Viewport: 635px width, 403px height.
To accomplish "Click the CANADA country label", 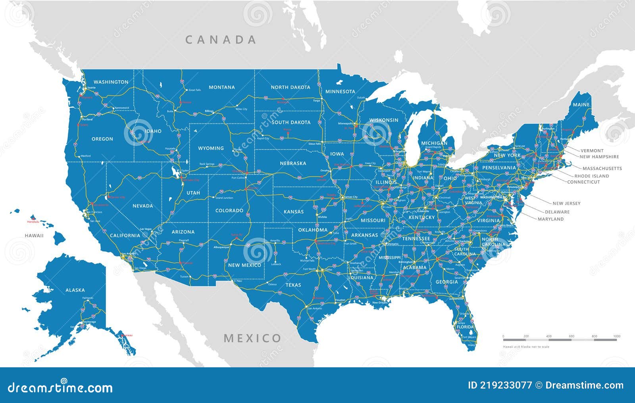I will pos(221,40).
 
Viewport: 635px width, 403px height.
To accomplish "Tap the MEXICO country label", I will pos(252,338).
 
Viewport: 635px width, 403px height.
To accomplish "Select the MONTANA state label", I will pos(222,87).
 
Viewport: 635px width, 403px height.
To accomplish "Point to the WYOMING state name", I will pos(211,148).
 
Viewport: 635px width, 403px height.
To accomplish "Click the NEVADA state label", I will pos(142,206).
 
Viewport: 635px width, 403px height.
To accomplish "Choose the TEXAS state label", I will pos(293,285).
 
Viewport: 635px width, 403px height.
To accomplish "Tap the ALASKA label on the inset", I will pos(75,290).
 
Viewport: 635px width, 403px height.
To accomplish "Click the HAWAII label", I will pos(34,236).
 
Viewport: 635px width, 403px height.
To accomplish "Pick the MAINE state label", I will pos(581,105).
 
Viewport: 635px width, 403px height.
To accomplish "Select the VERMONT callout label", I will pos(592,151).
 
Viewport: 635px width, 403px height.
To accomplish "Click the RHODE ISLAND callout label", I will pos(591,176).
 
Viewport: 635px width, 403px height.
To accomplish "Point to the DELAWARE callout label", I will pos(557,212).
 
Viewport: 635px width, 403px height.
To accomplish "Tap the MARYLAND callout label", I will pos(550,219).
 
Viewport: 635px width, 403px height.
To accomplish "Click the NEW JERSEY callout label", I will pos(566,203).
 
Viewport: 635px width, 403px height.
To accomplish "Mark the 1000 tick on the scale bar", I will pos(616,336).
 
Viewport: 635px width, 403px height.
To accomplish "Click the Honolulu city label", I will pos(33,222).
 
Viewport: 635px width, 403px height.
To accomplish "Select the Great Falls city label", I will pos(194,90).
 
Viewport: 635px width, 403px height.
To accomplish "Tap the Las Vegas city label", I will pos(146,229).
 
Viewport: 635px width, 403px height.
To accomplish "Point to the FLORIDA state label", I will pos(466,328).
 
